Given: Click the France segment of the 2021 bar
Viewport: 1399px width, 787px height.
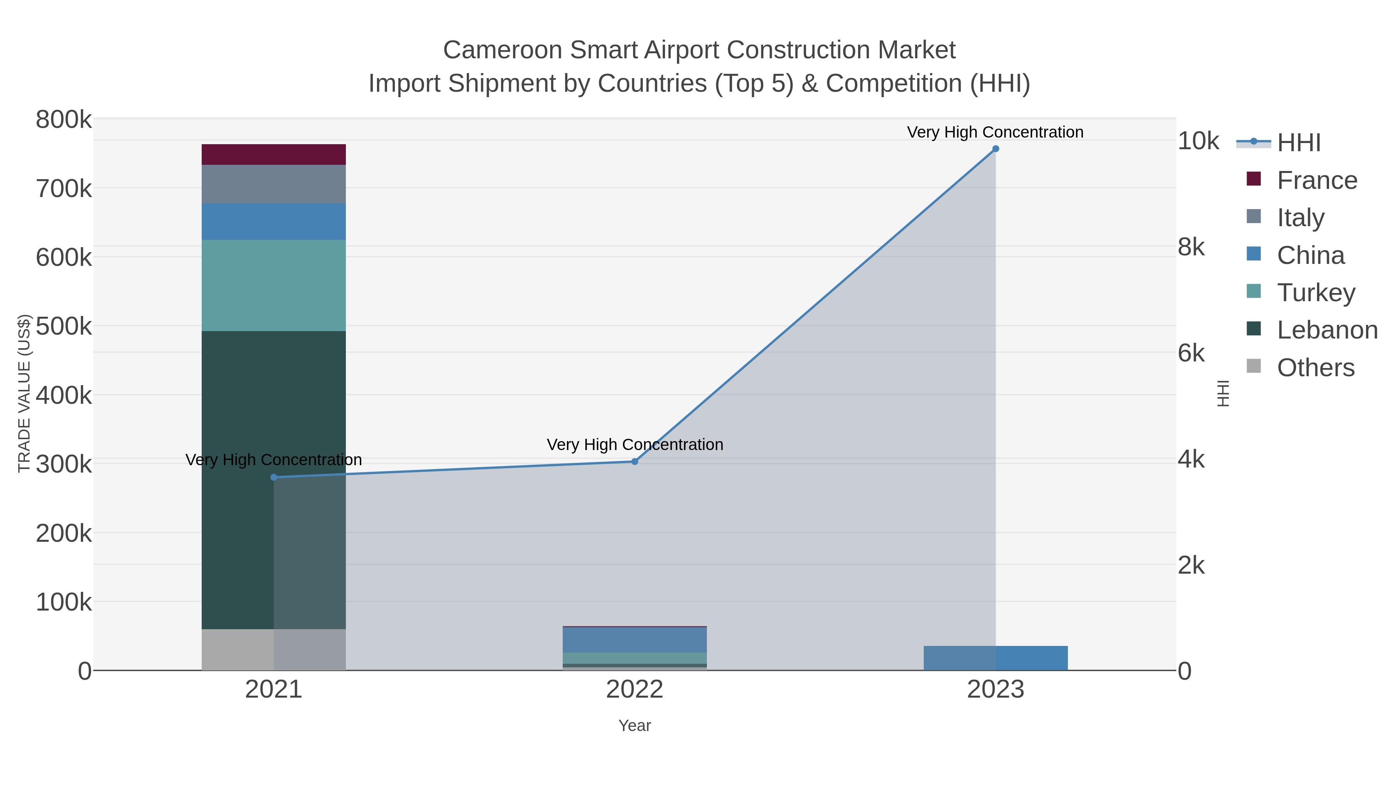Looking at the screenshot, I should coord(273,154).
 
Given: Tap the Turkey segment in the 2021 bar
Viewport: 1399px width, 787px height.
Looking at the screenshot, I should coord(273,285).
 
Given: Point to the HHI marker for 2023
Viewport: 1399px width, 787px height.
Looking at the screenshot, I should coord(996,149).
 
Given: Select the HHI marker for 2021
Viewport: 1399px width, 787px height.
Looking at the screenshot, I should coord(274,477).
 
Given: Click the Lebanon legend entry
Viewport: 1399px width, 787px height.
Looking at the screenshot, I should coord(1327,330).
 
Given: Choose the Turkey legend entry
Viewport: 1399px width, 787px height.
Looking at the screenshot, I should coord(1315,293).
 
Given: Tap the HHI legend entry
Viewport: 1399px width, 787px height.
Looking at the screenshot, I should coord(1298,143).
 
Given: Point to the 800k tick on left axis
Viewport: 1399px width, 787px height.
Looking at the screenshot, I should coord(64,120).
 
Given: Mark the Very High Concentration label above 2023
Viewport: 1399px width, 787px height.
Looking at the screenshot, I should coord(995,132).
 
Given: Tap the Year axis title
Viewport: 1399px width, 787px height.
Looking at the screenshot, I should coord(634,726).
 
